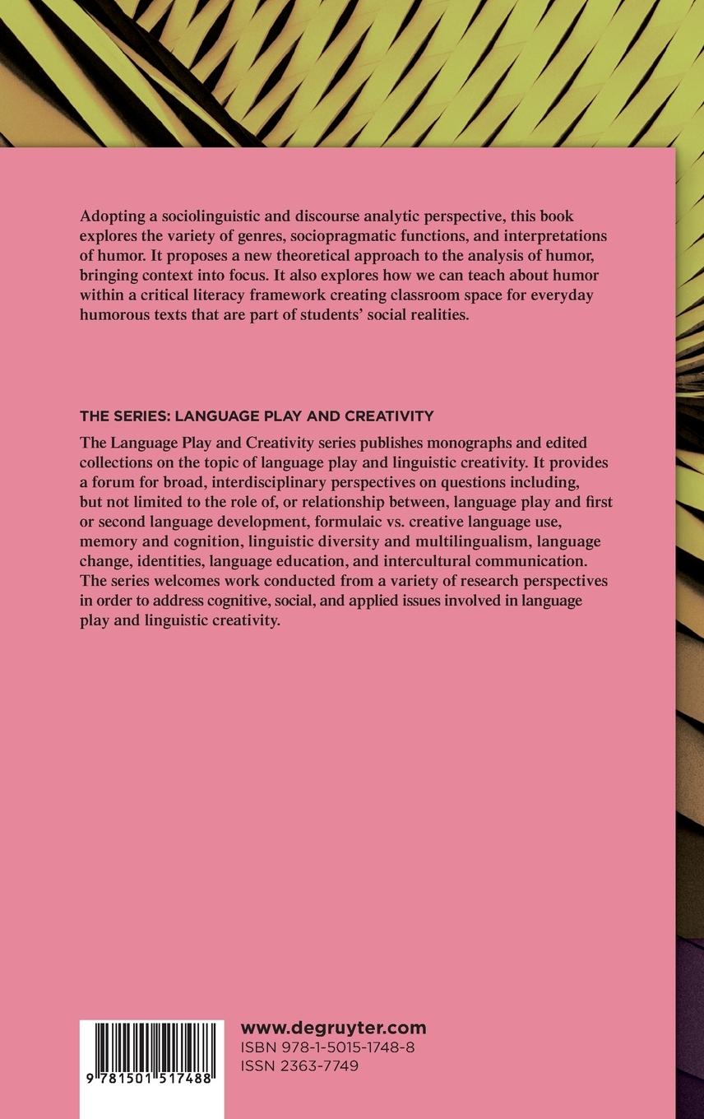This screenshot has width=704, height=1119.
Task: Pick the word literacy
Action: (223, 295)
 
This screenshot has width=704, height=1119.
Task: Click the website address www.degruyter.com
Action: (333, 1028)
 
